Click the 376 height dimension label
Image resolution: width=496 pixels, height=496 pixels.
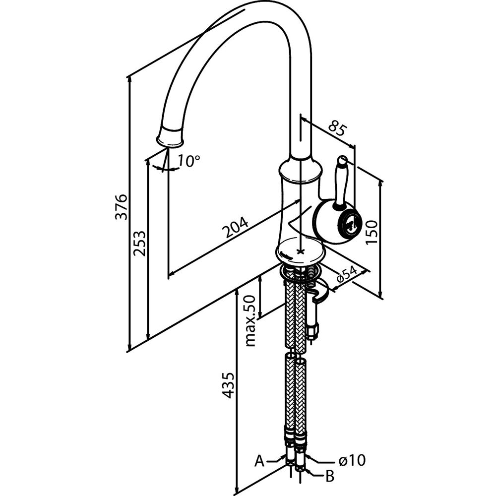point(121,207)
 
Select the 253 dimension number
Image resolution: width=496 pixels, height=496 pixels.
point(139,244)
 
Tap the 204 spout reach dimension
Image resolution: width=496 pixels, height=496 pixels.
point(235,227)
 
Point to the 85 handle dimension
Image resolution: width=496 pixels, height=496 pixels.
point(337,127)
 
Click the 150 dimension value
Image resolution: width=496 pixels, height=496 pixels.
point(372,232)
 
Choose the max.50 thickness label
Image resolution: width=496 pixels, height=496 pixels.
point(250,320)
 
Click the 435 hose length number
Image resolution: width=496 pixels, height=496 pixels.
point(228,385)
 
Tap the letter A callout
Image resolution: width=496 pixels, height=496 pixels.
point(259,461)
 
